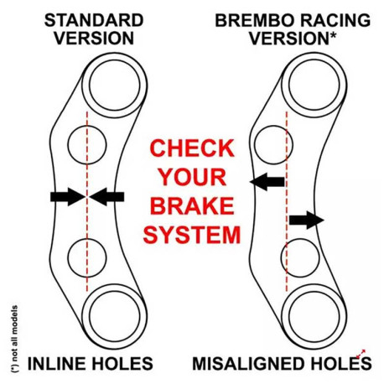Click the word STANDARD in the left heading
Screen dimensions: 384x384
click(x=94, y=20)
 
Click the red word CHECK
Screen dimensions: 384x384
click(x=192, y=148)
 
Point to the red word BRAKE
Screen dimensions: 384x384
click(x=192, y=205)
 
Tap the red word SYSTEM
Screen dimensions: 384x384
click(x=192, y=235)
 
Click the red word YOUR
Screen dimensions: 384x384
click(x=193, y=177)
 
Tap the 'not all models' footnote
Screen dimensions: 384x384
click(x=14, y=339)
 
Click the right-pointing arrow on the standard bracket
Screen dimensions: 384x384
click(x=68, y=197)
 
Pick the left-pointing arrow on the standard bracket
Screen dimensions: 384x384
click(x=106, y=197)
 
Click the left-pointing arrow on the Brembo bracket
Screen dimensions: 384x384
click(x=267, y=182)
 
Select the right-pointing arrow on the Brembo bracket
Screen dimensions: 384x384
click(x=307, y=221)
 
